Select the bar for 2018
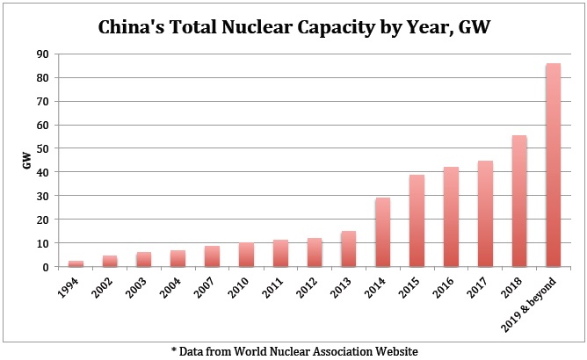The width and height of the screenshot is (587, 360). (519, 201)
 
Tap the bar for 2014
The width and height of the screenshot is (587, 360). (382, 233)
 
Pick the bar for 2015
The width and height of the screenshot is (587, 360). (417, 220)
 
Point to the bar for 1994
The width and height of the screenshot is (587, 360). (76, 263)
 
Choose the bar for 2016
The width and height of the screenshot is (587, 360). (451, 217)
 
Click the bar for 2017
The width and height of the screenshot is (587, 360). (485, 213)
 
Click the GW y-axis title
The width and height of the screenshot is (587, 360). (27, 161)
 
